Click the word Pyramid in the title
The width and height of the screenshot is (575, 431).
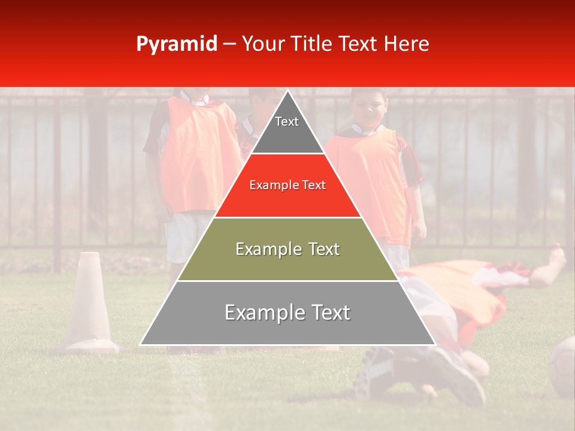click(x=176, y=44)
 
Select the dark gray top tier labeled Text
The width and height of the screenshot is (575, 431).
click(x=287, y=129)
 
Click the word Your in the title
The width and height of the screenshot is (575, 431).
click(x=263, y=44)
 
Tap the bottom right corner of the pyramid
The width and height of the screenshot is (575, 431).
click(x=434, y=344)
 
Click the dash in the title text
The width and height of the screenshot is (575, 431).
click(x=229, y=44)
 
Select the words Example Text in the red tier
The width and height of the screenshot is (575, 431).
click(x=287, y=186)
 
